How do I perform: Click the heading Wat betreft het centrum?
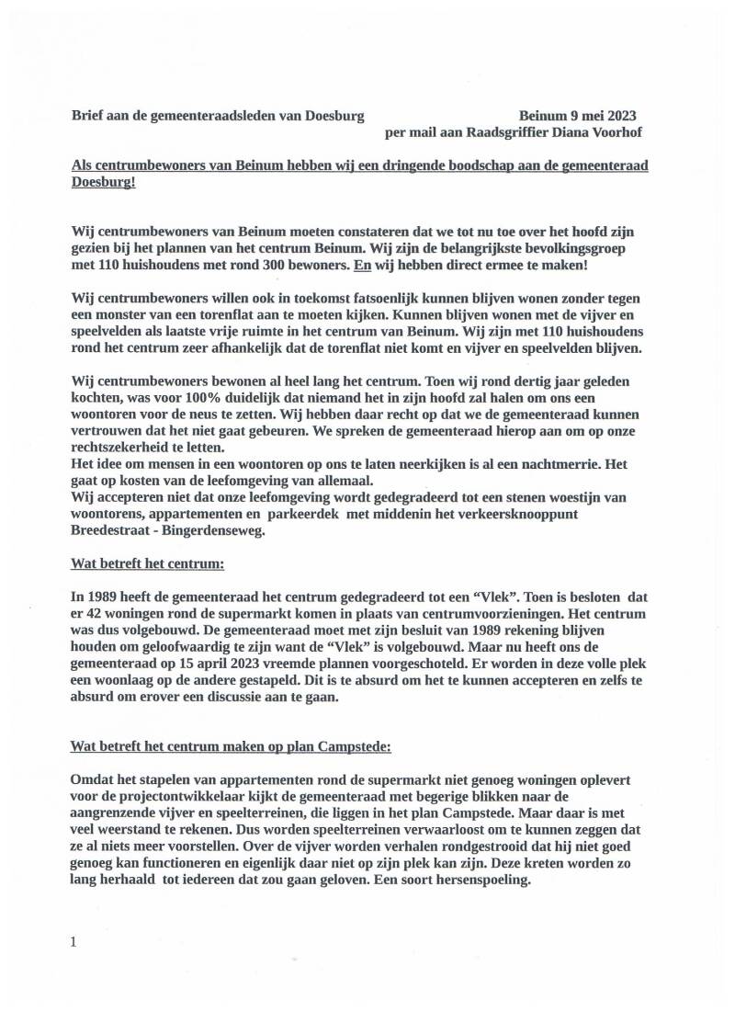point(148,562)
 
